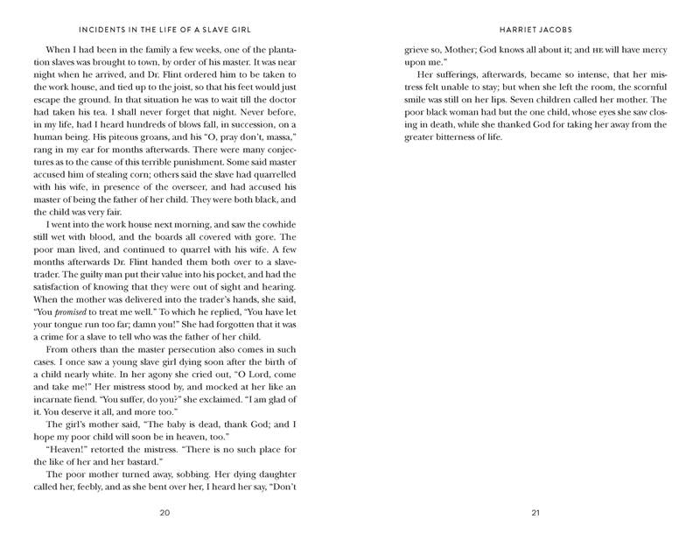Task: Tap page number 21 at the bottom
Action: (x=533, y=512)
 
